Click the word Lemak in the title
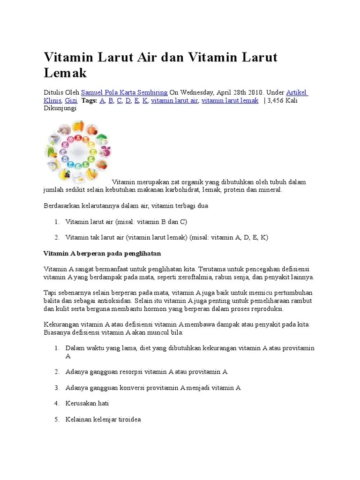pyautogui.click(x=65, y=73)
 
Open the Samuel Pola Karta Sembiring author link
pyautogui.click(x=124, y=93)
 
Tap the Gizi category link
pyautogui.click(x=71, y=101)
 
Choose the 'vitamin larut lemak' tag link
pyautogui.click(x=230, y=101)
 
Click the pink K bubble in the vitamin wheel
pyautogui.click(x=65, y=145)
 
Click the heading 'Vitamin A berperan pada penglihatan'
pyautogui.click(x=102, y=254)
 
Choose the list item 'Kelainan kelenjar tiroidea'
pyautogui.click(x=103, y=419)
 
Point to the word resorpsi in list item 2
pyautogui.click(x=129, y=372)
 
